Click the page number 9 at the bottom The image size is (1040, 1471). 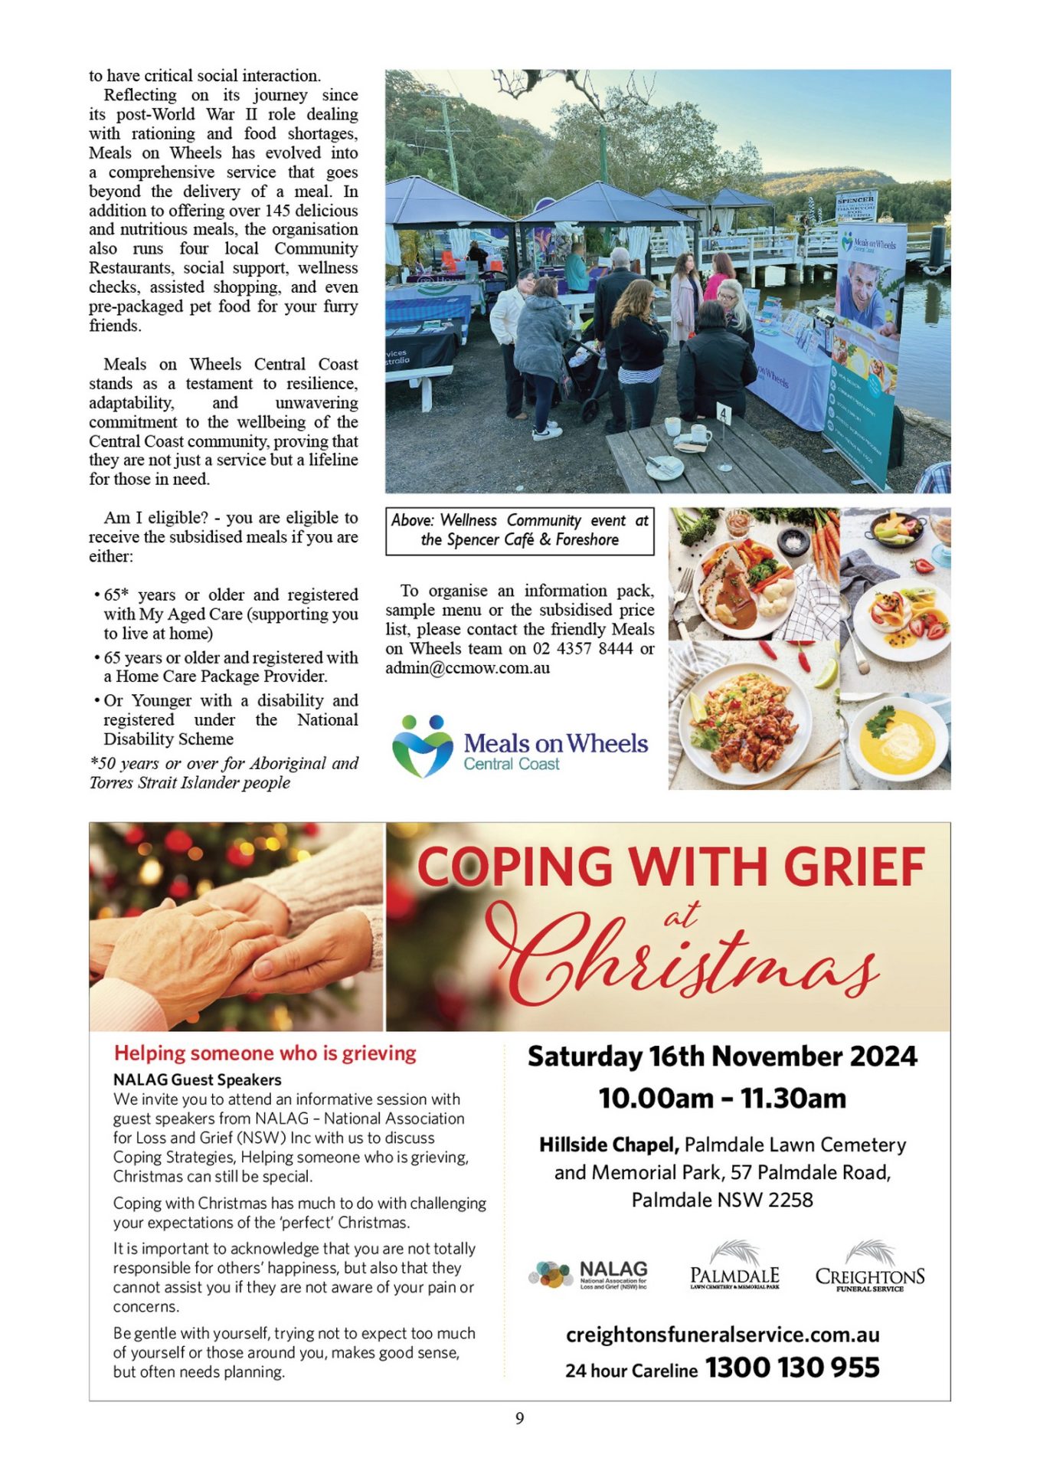pyautogui.click(x=519, y=1418)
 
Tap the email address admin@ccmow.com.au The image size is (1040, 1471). pyautogui.click(x=467, y=667)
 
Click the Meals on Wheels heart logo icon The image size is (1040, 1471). pyautogui.click(x=422, y=745)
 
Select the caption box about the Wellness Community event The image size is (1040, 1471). pyautogui.click(x=519, y=530)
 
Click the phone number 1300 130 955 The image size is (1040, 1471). pyautogui.click(x=792, y=1368)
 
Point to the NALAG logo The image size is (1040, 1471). pyautogui.click(x=588, y=1276)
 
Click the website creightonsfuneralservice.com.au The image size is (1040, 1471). pyautogui.click(x=722, y=1335)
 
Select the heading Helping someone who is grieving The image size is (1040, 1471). pyautogui.click(x=265, y=1053)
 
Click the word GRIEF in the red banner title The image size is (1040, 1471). pyautogui.click(x=854, y=868)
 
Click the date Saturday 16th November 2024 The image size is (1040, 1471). pyautogui.click(x=722, y=1057)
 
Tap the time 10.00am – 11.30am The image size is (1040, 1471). pyautogui.click(x=722, y=1099)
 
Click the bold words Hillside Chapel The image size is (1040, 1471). pyautogui.click(x=609, y=1145)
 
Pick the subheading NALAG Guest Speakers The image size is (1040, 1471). pyautogui.click(x=198, y=1079)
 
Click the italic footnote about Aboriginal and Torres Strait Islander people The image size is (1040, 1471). pyautogui.click(x=224, y=772)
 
